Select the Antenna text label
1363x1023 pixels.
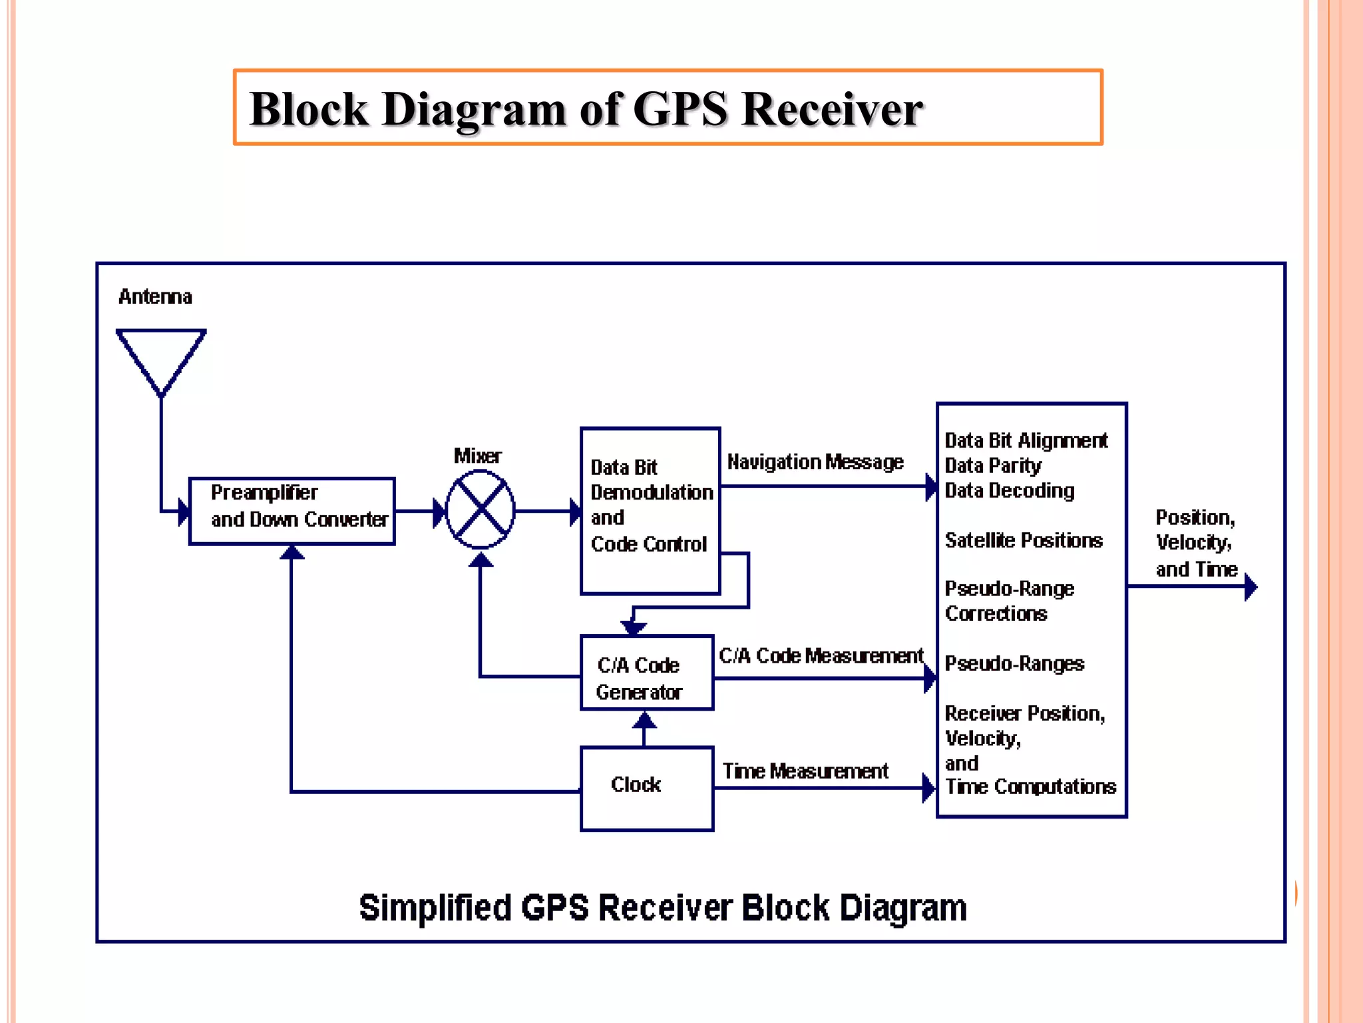click(x=155, y=296)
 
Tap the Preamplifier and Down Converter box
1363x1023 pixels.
click(x=292, y=511)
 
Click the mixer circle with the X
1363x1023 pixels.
click(x=480, y=510)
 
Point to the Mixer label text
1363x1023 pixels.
click(x=477, y=456)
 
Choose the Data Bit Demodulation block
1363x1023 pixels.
click(x=650, y=510)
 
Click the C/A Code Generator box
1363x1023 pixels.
click(x=647, y=673)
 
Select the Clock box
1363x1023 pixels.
click(x=647, y=789)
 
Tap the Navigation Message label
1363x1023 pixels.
click(x=815, y=462)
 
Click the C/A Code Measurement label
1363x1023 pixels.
click(x=821, y=656)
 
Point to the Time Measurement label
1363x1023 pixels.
click(x=805, y=771)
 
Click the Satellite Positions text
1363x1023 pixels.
click(x=1024, y=540)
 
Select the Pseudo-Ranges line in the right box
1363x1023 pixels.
click(x=1014, y=663)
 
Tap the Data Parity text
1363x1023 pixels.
click(x=993, y=466)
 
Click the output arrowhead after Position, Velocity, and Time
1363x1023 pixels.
click(x=1251, y=587)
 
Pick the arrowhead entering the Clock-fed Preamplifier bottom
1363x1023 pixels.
click(x=292, y=552)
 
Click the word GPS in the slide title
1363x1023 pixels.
click(x=680, y=109)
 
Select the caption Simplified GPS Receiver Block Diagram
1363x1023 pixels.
click(x=663, y=907)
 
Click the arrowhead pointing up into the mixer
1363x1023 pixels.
click(x=481, y=560)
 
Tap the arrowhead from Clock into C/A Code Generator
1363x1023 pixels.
click(x=644, y=720)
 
